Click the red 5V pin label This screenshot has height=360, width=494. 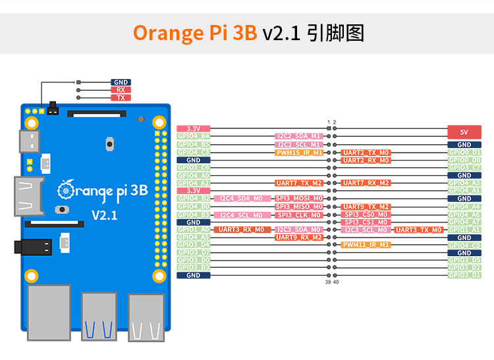(464, 130)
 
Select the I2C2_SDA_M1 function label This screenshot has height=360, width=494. (298, 136)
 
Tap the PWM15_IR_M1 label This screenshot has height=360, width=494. (298, 152)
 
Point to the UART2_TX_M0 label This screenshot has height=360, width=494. (366, 152)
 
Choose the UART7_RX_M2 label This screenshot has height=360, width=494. (366, 183)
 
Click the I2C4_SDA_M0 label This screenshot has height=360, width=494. (241, 198)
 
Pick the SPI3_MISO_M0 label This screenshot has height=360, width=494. (298, 206)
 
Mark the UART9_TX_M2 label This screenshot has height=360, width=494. (366, 206)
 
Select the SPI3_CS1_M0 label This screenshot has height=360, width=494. (366, 222)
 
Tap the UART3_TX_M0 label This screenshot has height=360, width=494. (418, 230)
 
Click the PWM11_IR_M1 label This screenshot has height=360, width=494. (366, 245)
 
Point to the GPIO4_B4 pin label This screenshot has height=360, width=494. (194, 136)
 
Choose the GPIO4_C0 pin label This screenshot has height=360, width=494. (464, 245)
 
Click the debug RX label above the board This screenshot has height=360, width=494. (121, 90)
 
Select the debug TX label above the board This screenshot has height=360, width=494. (121, 97)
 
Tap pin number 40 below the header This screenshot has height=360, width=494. (336, 282)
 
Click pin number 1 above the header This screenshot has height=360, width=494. (329, 122)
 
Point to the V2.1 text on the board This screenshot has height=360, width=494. (104, 215)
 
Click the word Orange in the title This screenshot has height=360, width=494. (172, 33)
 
